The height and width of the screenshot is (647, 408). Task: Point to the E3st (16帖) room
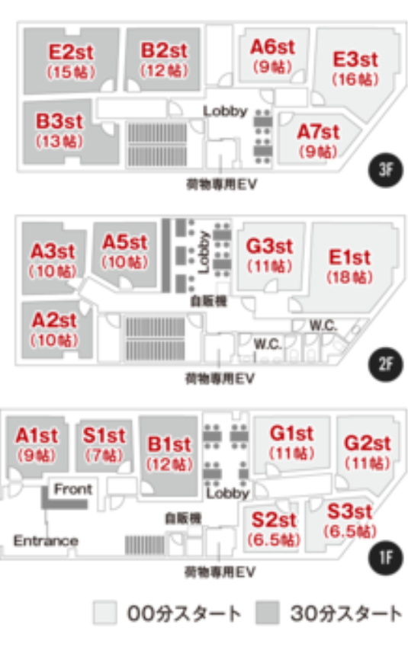click(x=355, y=69)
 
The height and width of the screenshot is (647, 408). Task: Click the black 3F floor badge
click(x=385, y=170)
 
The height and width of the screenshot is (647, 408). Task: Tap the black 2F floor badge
click(x=385, y=364)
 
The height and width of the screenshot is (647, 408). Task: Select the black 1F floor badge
click(x=385, y=558)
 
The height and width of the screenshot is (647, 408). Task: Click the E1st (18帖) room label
click(x=350, y=267)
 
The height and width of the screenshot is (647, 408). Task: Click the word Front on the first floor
click(x=73, y=489)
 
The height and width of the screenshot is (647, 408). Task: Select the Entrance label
click(x=46, y=540)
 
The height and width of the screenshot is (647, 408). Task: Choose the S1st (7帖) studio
click(x=104, y=445)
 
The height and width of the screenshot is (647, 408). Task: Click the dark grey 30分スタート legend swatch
click(x=268, y=613)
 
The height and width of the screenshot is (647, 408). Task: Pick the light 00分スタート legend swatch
click(x=105, y=613)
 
